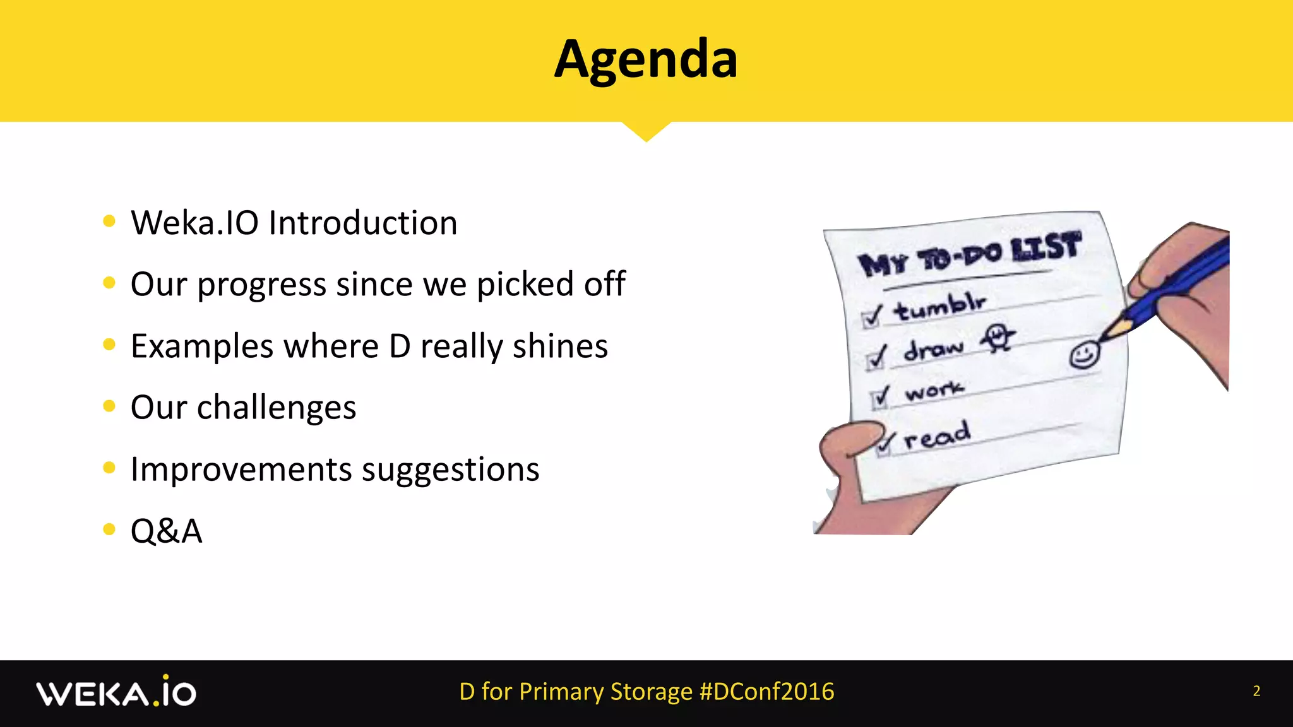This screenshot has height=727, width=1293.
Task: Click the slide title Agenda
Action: [646, 59]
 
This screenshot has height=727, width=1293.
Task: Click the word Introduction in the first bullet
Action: [363, 223]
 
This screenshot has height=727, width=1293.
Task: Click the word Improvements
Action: [241, 470]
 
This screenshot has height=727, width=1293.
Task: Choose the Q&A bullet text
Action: [166, 531]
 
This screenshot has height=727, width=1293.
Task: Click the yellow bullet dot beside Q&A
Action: [109, 529]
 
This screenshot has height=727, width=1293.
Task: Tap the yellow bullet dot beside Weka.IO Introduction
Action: [109, 221]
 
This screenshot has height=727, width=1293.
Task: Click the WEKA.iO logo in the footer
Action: [116, 692]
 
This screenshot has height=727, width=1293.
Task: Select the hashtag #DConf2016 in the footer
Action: [767, 692]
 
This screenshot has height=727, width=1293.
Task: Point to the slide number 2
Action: [1256, 691]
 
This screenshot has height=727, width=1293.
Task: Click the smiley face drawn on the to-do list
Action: [1084, 355]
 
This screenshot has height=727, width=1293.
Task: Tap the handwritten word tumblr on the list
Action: [939, 307]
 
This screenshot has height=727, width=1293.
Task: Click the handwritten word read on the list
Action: [937, 435]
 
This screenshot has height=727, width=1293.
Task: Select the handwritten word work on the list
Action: [934, 391]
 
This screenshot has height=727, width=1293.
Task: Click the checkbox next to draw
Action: [876, 358]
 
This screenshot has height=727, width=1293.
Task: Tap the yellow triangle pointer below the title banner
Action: [646, 131]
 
